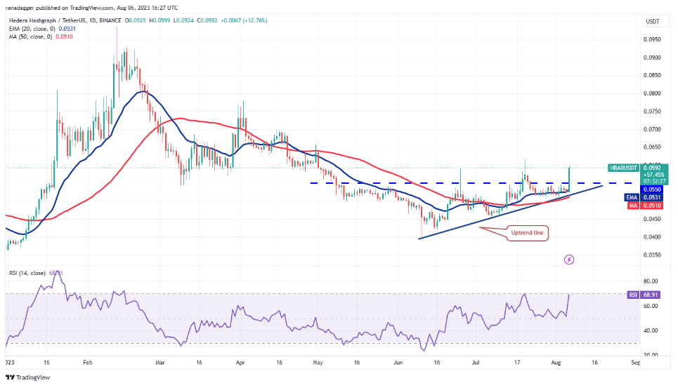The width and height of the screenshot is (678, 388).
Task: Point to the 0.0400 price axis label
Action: pos(653,237)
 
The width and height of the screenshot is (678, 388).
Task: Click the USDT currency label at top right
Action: pos(653,21)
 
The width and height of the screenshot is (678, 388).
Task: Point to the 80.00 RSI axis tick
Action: pos(653,281)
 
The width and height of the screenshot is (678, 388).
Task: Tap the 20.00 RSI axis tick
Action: pos(653,355)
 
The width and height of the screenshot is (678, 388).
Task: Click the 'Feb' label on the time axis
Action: pos(87,363)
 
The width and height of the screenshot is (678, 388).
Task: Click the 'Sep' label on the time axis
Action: pos(636,363)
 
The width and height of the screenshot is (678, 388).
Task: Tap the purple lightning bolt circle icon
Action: pos(569,260)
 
